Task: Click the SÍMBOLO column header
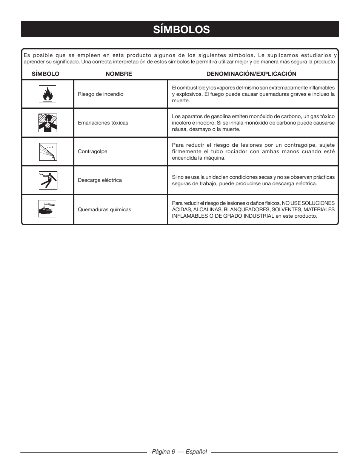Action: point(45,74)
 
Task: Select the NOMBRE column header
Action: point(119,74)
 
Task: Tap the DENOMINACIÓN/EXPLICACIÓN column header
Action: point(251,74)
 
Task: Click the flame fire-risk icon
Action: point(47,94)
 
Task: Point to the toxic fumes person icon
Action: point(47,123)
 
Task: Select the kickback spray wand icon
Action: point(47,151)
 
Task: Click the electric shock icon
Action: point(47,180)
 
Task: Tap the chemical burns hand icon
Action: point(47,209)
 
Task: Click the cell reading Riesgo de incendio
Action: point(100,94)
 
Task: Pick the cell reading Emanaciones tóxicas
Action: point(103,123)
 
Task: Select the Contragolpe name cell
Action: point(92,152)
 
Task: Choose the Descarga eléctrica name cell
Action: point(100,180)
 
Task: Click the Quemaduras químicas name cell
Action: point(105,210)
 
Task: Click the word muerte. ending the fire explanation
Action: point(181,101)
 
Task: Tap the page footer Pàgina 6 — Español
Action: point(179,452)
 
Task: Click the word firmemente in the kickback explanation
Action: point(186,152)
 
